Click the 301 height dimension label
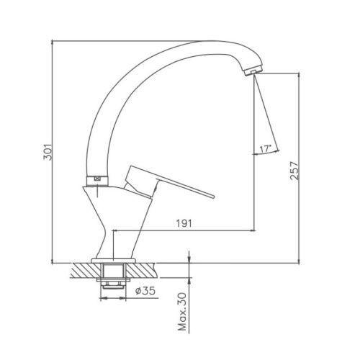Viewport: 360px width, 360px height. (x=48, y=152)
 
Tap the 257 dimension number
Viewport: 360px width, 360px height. (x=294, y=171)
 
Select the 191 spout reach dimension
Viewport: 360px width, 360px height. (x=184, y=223)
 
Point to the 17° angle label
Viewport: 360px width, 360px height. (x=265, y=149)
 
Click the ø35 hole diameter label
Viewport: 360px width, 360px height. (x=145, y=291)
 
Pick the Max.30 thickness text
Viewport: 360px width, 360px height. (x=182, y=312)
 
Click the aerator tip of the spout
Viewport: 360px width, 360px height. (x=253, y=71)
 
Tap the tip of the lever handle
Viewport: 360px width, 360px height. (x=213, y=197)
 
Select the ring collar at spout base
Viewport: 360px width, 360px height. (x=97, y=181)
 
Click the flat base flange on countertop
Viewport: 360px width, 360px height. (x=113, y=261)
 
